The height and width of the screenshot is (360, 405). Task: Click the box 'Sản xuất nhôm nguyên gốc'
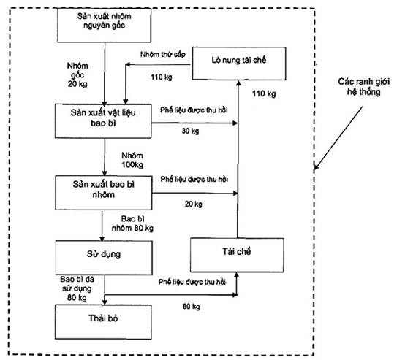coord(104,25)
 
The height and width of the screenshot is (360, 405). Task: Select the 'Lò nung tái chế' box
coord(239,64)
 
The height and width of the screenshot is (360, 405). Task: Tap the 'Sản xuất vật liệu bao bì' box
coord(103,120)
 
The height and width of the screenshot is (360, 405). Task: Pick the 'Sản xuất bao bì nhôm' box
coord(104,193)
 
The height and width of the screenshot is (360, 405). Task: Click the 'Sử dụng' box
coord(104,258)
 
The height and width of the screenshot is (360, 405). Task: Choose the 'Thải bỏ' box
coord(103,322)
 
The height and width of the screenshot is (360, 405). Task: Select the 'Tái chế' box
coord(237,255)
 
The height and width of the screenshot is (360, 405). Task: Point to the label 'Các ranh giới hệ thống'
coord(363,87)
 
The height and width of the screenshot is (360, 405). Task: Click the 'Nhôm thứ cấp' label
coord(163,55)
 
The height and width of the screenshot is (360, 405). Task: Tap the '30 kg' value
coord(190,131)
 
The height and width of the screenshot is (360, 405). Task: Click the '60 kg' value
coord(191,306)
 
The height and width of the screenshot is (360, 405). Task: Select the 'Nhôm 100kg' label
coord(132,160)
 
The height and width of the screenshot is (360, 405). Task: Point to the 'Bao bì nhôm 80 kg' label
coord(132,223)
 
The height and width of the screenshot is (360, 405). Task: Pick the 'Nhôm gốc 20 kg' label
coord(77,74)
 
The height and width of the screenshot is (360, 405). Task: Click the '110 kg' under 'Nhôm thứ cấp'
coord(162,77)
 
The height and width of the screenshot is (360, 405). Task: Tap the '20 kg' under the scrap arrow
coord(194,204)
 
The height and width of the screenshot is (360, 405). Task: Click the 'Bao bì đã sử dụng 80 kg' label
coord(77,288)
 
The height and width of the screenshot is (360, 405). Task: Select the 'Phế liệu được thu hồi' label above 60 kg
coord(192,282)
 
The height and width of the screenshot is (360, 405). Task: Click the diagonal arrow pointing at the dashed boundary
coord(338,138)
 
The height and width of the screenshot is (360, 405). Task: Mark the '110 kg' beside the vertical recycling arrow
coord(264,93)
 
